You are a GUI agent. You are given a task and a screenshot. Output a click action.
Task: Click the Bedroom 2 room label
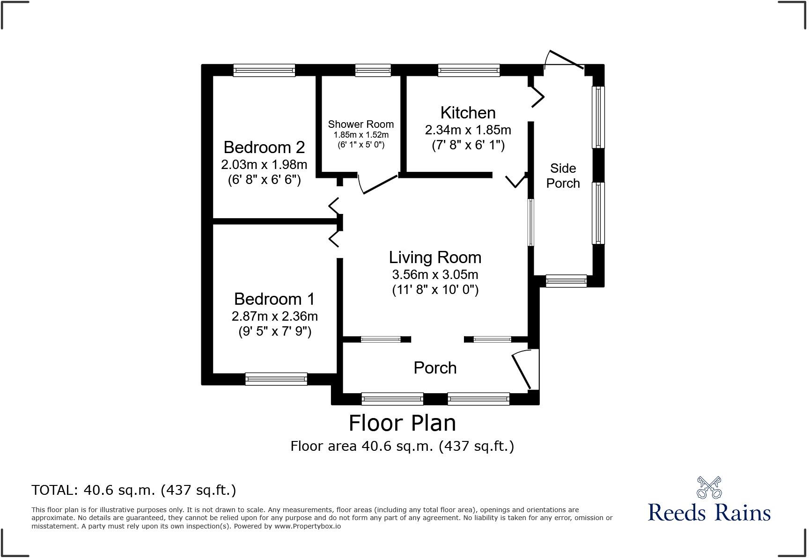point(264,147)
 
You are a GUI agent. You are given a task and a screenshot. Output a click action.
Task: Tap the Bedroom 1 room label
point(274,299)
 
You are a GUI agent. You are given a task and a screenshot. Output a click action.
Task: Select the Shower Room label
point(360,125)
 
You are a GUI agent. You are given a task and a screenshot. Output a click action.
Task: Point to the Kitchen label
point(468,113)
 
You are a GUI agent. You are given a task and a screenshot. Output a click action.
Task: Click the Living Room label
point(435,257)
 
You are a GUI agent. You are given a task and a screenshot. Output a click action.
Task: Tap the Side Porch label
point(563,176)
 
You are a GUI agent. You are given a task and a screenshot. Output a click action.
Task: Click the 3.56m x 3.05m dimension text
point(435,275)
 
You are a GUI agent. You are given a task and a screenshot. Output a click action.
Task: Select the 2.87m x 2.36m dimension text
point(274,316)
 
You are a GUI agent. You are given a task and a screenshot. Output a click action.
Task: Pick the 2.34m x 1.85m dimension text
point(468,130)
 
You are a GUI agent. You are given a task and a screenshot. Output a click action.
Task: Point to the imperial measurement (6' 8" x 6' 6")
point(264,180)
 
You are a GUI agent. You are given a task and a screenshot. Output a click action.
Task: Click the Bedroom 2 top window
point(265,70)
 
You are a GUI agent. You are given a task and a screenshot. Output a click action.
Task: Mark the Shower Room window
point(373,70)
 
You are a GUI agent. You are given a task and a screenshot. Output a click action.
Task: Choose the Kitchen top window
point(469,70)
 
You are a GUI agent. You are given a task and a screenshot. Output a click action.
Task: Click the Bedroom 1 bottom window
point(276,379)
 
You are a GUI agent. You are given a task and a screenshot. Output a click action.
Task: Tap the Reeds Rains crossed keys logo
point(709,488)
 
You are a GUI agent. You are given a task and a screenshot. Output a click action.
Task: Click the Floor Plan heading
point(402,423)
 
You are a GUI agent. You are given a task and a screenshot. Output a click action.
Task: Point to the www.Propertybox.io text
point(307,526)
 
